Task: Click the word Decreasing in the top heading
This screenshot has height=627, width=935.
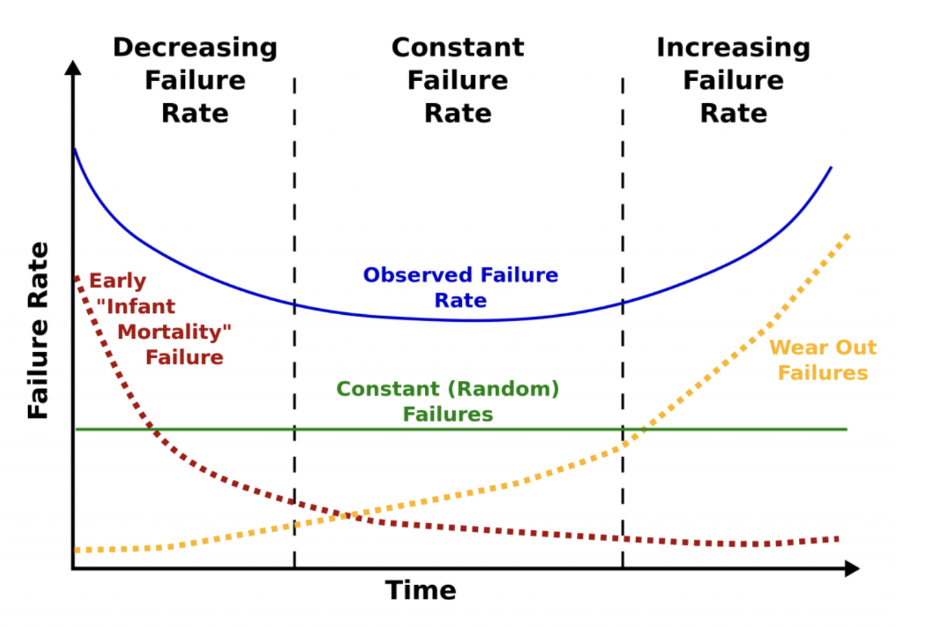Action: click(195, 48)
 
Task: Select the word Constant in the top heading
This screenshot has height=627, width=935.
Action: click(458, 48)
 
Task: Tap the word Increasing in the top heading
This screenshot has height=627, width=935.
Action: click(734, 48)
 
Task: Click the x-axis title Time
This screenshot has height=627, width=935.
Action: click(421, 591)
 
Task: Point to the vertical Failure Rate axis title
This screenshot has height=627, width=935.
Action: click(38, 330)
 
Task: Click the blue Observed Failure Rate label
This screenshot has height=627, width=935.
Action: click(461, 287)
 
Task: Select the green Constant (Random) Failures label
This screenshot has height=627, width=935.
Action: click(448, 401)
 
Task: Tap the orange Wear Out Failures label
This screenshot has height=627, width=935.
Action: click(823, 360)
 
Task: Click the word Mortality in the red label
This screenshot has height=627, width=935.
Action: click(174, 332)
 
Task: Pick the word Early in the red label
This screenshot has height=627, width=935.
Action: click(118, 281)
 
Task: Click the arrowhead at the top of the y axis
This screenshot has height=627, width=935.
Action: click(73, 67)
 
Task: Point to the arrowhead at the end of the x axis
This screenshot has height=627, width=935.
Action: click(852, 568)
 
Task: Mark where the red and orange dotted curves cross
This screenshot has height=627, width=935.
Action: click(344, 515)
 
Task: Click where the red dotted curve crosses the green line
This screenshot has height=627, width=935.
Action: click(155, 430)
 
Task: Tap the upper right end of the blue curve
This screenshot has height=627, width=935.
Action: click(830, 168)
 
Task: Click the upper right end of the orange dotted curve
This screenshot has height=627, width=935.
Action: click(849, 235)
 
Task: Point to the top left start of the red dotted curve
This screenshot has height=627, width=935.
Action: click(77, 278)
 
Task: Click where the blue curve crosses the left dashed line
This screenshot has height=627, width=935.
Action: click(294, 304)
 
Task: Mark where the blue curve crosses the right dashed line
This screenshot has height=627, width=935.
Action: click(623, 302)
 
